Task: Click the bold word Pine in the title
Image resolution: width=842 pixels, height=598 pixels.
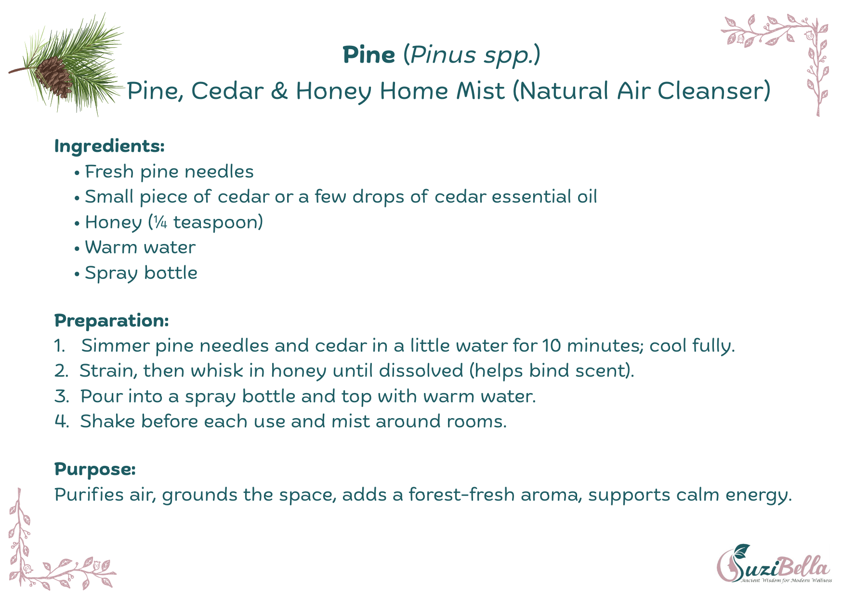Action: [x=369, y=55]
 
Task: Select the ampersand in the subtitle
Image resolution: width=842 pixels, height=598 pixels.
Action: [x=279, y=91]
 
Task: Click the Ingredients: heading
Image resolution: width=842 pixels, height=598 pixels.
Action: [x=109, y=146]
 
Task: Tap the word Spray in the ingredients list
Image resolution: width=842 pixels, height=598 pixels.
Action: [x=111, y=274]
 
